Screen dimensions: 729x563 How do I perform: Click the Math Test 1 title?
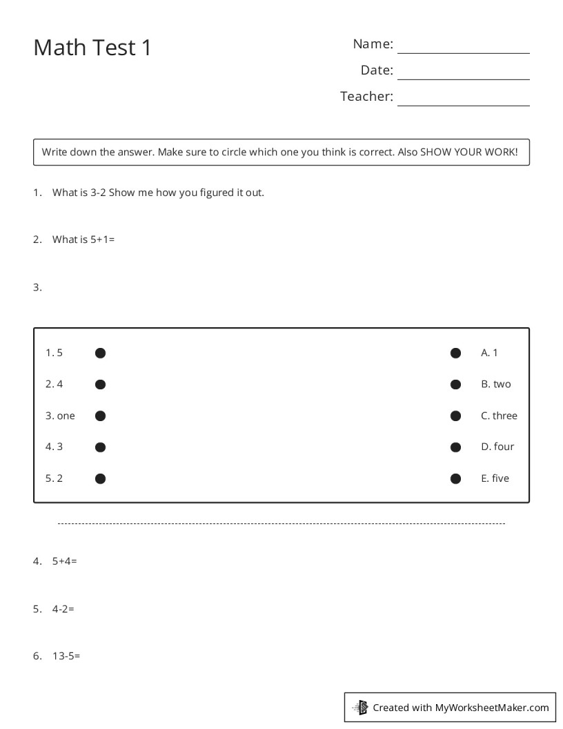pos(92,48)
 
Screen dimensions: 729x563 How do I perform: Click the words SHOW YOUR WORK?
pos(468,152)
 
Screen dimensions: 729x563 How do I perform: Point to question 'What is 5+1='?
pos(83,240)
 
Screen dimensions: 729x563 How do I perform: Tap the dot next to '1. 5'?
pos(100,353)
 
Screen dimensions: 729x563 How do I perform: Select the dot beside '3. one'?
pos(100,416)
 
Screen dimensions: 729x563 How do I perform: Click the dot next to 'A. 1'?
pos(455,353)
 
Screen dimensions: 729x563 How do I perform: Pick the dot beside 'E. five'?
pos(455,478)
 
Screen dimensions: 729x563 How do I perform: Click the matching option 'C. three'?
pos(499,416)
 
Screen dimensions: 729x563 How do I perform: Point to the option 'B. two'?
pos(495,384)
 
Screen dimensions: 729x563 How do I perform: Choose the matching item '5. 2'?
pos(54,478)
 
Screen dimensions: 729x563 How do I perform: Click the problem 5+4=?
pos(64,561)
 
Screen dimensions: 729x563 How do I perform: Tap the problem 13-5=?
pos(66,656)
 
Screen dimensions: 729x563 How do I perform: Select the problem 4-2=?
pos(63,609)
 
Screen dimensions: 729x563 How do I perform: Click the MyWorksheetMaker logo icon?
pos(361,707)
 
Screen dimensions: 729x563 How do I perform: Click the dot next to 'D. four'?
pos(455,447)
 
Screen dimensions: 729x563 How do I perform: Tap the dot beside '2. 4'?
pos(100,385)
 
